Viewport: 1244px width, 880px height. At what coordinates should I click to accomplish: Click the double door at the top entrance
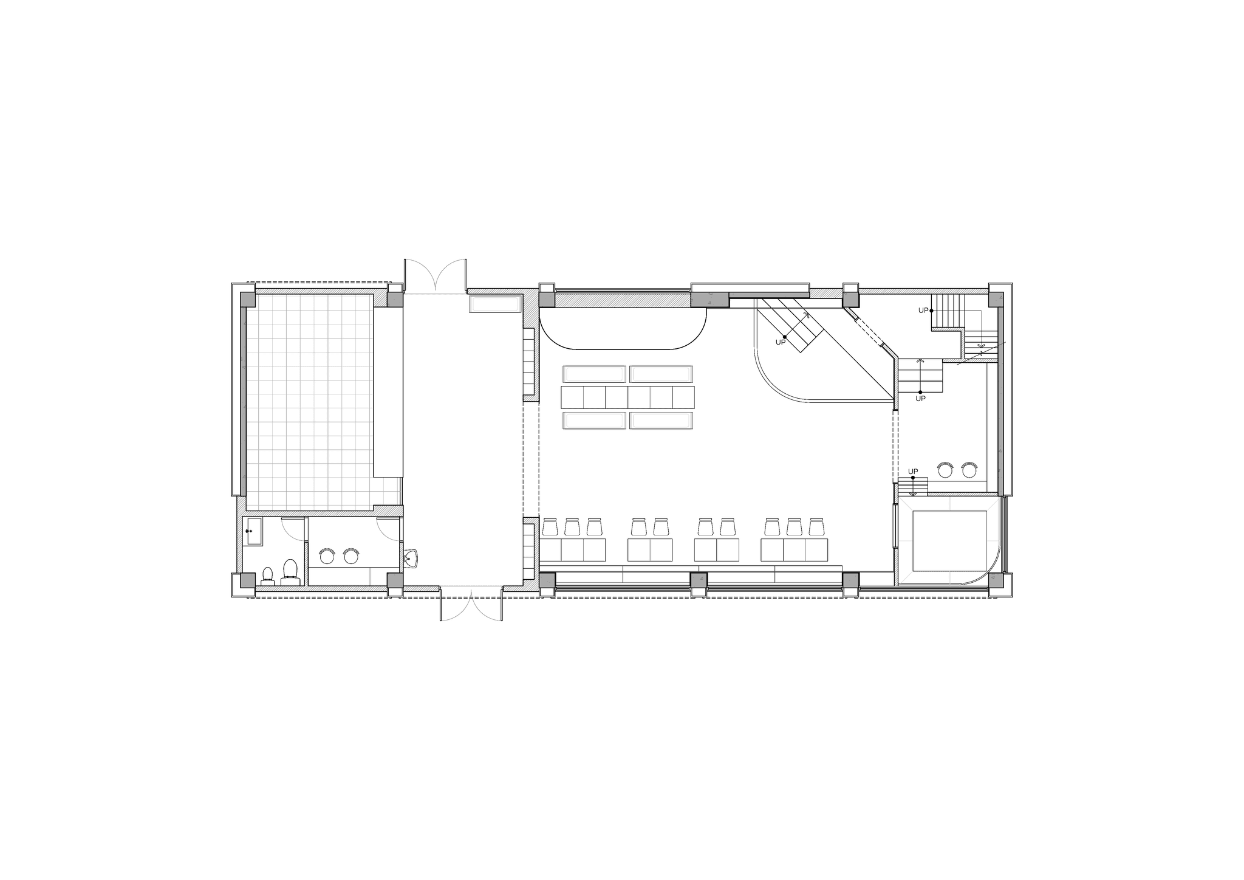click(436, 277)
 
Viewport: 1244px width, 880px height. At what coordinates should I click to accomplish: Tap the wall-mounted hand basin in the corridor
click(412, 557)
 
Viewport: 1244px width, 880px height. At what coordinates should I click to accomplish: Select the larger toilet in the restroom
click(290, 571)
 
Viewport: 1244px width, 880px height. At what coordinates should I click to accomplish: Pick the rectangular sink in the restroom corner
click(252, 531)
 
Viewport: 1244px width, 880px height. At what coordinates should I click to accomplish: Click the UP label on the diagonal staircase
click(781, 343)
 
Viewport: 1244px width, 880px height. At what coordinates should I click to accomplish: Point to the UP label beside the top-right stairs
click(923, 311)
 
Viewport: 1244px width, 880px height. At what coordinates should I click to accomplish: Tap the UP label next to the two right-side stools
click(913, 472)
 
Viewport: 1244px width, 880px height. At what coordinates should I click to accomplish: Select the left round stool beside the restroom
click(327, 555)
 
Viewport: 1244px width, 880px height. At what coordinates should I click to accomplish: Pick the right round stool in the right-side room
click(968, 469)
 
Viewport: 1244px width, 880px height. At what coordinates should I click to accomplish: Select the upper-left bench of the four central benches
click(594, 374)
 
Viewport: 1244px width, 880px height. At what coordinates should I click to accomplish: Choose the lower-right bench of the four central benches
click(661, 421)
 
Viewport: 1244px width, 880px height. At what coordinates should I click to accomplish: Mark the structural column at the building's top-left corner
click(247, 300)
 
